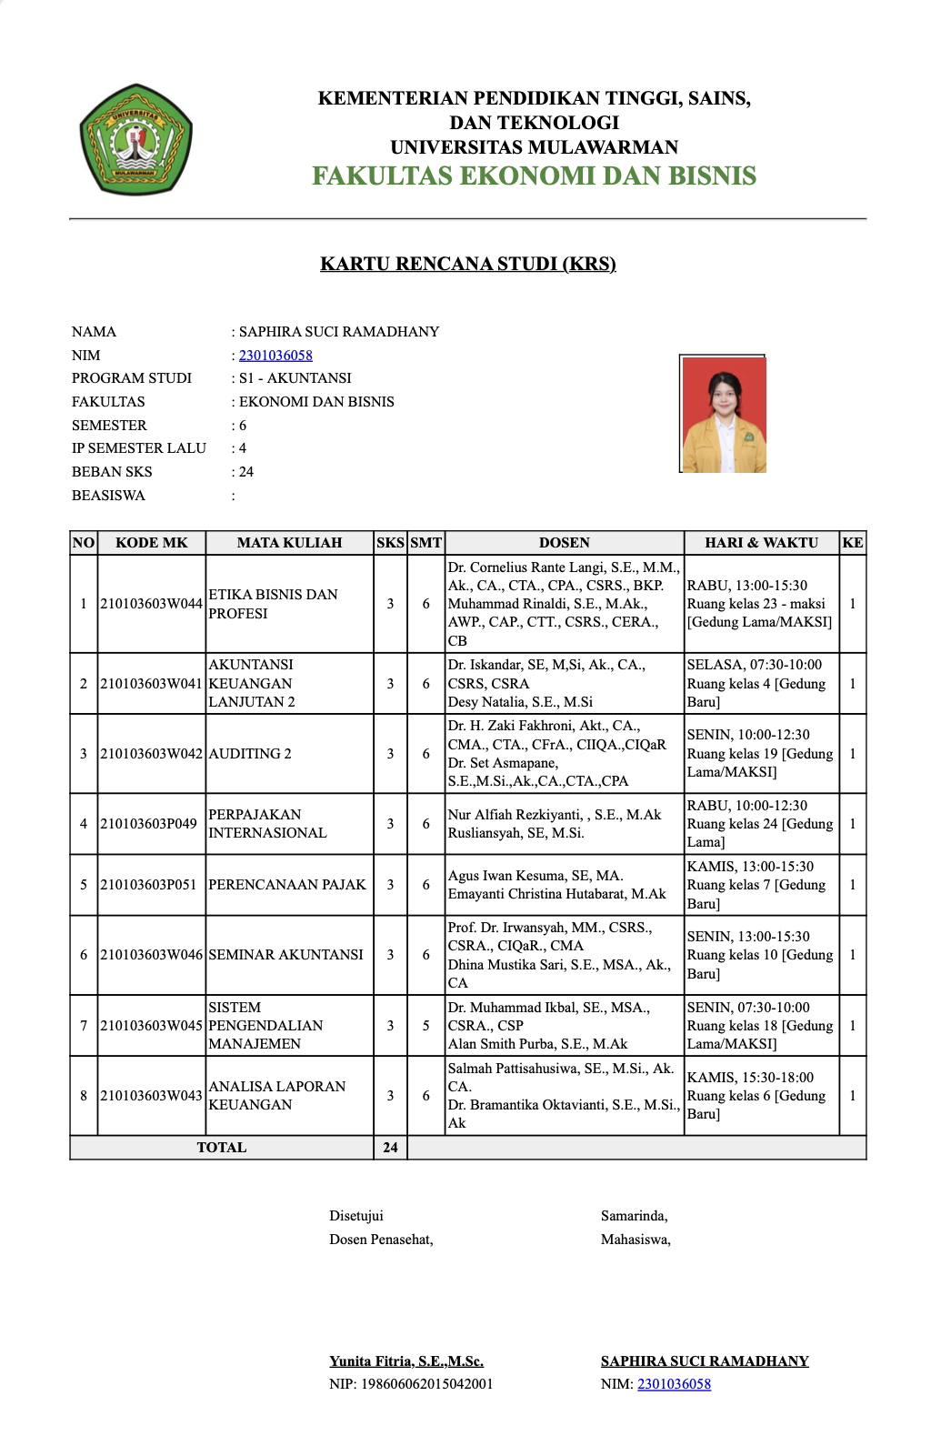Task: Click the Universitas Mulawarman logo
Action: (135, 140)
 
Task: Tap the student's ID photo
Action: (724, 415)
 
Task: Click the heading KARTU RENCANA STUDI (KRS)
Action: (467, 264)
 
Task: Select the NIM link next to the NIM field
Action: (275, 356)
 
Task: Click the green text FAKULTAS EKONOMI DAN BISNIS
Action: (534, 176)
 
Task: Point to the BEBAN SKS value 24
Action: (246, 472)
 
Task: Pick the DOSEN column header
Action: (564, 543)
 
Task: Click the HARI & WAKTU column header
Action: (761, 543)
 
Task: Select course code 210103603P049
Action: (149, 824)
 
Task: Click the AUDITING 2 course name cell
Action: (250, 754)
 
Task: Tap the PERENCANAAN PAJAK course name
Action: (287, 885)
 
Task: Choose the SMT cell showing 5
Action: (425, 1026)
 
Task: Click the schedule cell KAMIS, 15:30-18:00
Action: (751, 1078)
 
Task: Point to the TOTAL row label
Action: (222, 1148)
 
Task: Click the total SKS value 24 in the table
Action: (390, 1148)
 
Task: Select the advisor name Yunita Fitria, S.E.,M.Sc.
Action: (406, 1361)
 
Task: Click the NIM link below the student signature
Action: (674, 1384)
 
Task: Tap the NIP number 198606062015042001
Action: (427, 1384)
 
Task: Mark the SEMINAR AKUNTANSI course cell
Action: (285, 955)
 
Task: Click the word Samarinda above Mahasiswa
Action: (634, 1216)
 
